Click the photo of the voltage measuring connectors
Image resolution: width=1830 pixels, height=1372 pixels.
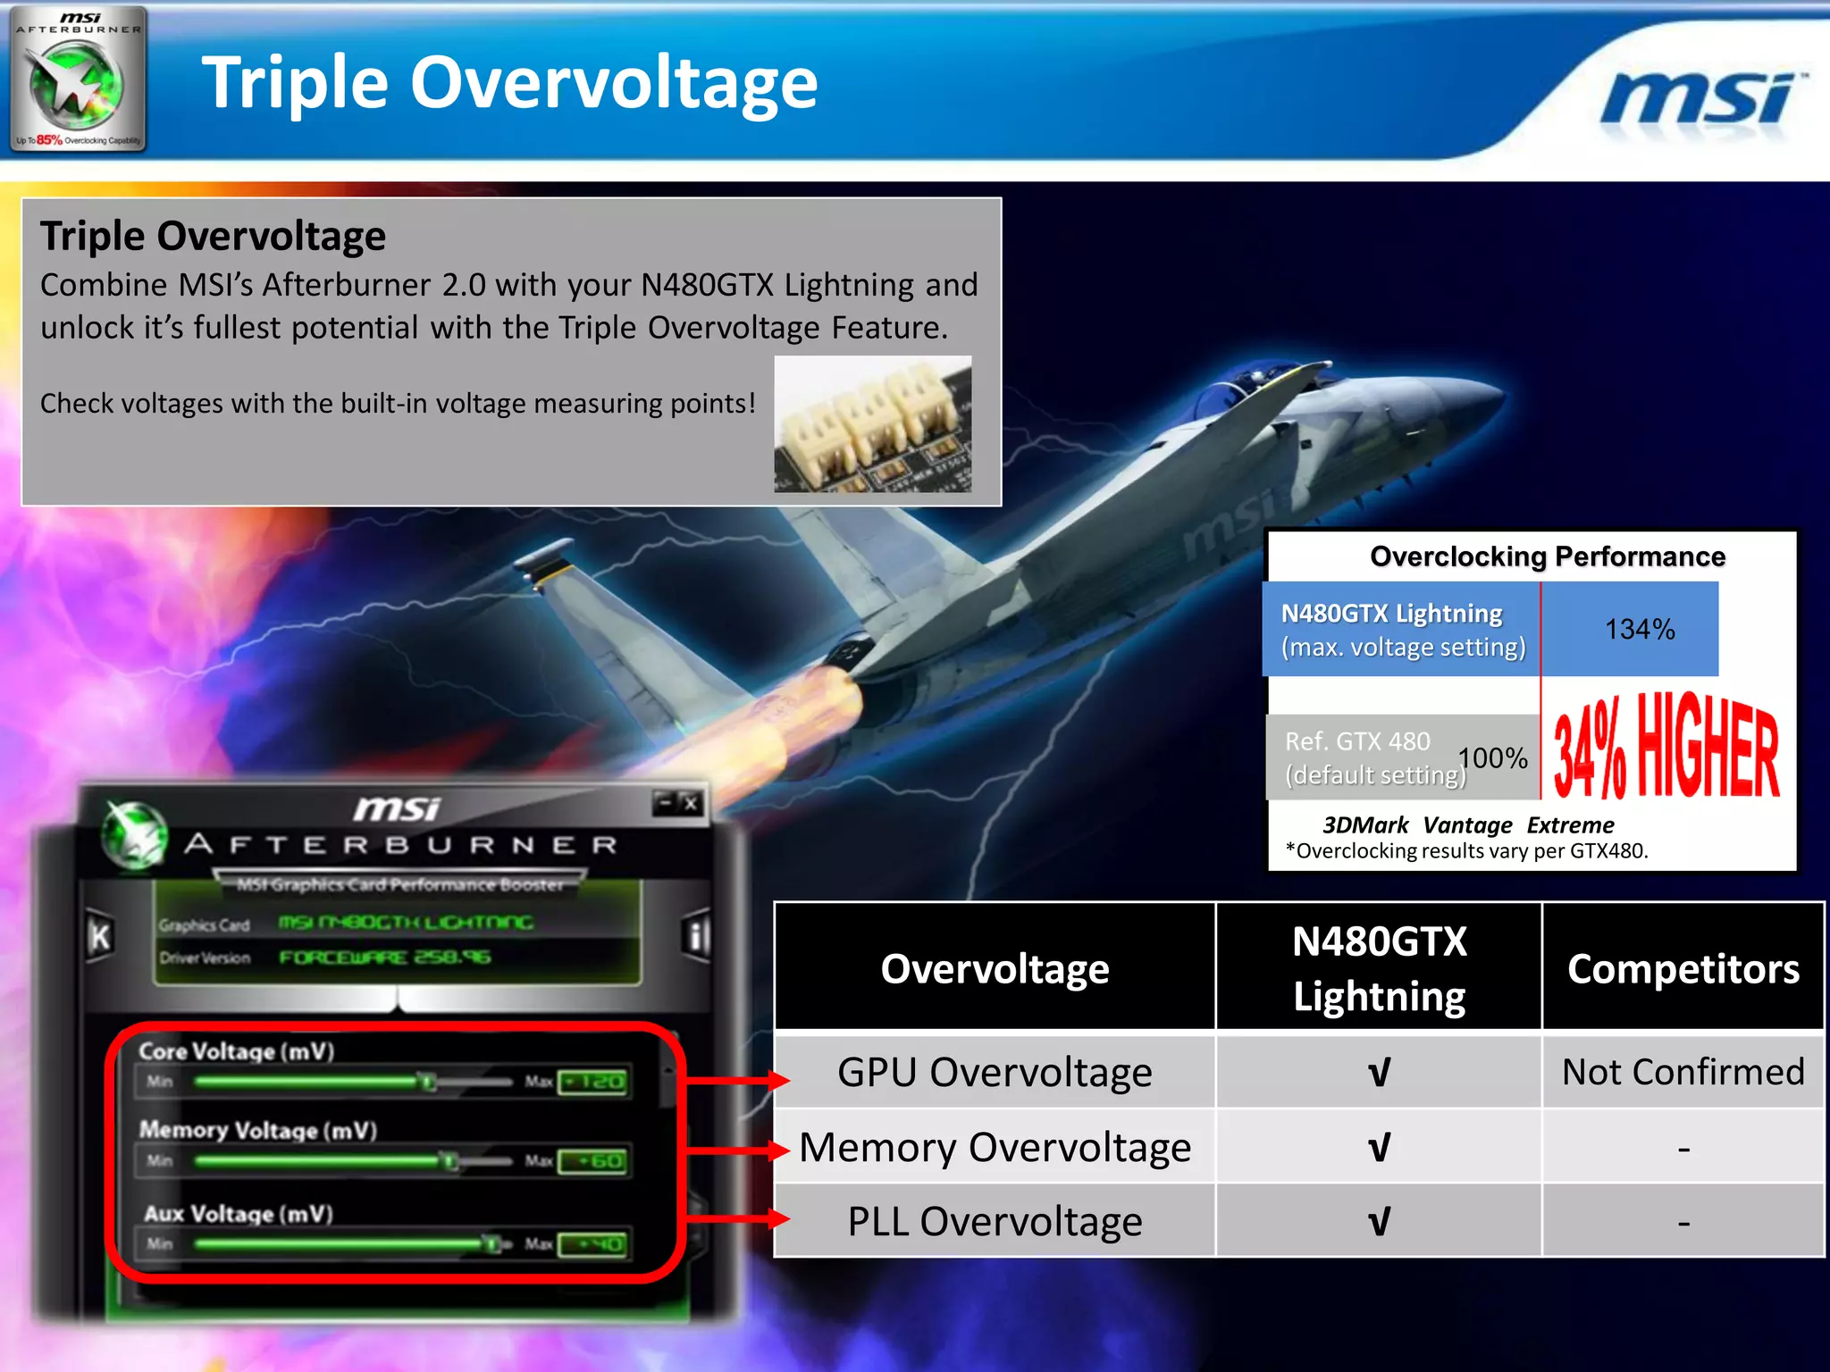click(872, 423)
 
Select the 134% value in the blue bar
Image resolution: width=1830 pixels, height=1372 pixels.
click(1639, 629)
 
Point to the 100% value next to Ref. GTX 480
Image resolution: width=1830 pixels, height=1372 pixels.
click(1493, 758)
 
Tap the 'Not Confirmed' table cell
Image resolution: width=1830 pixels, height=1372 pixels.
click(1683, 1071)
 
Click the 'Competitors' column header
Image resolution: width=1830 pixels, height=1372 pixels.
click(1683, 968)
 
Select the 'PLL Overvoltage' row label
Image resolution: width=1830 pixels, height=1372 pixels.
click(995, 1221)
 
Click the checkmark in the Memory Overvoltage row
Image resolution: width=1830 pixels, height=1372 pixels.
click(1379, 1147)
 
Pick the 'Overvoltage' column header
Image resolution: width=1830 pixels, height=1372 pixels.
click(995, 968)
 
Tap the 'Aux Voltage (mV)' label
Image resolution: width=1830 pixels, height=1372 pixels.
click(239, 1214)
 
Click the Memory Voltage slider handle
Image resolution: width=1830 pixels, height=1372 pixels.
click(450, 1160)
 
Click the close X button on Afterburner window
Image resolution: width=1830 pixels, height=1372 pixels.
click(691, 803)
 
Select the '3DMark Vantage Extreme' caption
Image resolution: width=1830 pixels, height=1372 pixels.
click(1468, 824)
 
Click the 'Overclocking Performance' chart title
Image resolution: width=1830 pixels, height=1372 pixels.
click(1547, 556)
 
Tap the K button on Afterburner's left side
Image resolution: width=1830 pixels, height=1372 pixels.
click(100, 937)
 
